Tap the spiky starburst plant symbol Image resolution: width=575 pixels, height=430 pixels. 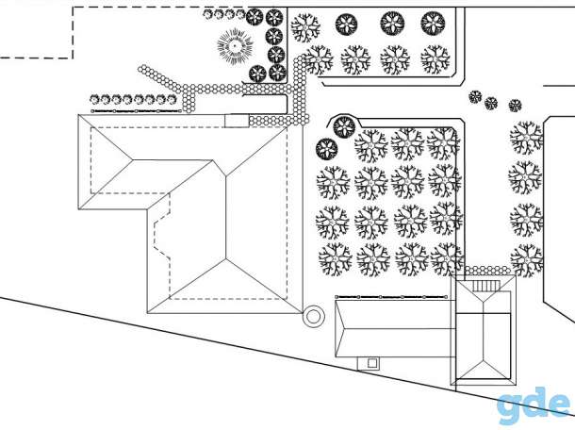tap(235, 46)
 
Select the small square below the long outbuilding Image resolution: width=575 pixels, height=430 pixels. tap(372, 363)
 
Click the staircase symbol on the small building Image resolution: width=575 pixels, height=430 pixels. tap(485, 286)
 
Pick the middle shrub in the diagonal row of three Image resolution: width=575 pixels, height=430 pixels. tap(491, 103)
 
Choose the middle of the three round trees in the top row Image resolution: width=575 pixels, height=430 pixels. tap(392, 24)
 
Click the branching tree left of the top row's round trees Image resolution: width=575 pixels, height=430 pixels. tap(305, 27)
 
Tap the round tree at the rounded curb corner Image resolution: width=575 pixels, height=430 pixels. tap(344, 126)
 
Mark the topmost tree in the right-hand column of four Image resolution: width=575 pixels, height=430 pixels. tap(526, 138)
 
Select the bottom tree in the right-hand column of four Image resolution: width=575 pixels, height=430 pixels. tap(527, 259)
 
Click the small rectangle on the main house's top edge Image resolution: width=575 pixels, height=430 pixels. tap(237, 121)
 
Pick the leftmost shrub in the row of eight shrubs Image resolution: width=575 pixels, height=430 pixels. tap(94, 99)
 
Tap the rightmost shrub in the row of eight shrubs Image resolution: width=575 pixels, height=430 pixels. tap(172, 99)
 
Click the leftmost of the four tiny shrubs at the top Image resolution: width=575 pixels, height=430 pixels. tap(208, 14)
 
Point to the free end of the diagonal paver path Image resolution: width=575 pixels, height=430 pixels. tap(141, 69)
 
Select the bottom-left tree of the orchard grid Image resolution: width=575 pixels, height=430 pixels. tap(336, 259)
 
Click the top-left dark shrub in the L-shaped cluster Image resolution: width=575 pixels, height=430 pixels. tap(255, 17)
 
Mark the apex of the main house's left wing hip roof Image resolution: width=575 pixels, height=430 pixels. tap(133, 160)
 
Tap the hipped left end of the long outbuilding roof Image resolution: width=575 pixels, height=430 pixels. tap(340, 329)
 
